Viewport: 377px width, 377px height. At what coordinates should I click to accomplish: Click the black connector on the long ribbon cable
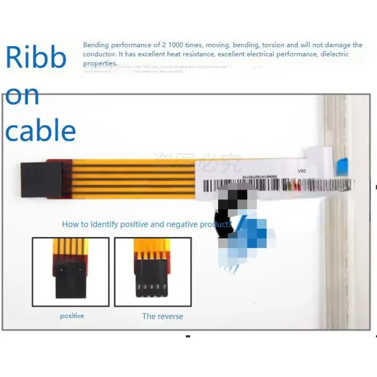click(41, 180)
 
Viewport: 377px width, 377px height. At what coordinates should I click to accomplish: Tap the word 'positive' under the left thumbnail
click(72, 316)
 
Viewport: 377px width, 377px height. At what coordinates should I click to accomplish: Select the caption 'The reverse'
click(163, 316)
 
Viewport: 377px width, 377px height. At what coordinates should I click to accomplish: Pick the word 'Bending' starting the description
click(96, 45)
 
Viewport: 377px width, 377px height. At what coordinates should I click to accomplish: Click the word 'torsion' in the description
click(273, 45)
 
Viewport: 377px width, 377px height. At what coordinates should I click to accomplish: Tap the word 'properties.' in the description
click(100, 63)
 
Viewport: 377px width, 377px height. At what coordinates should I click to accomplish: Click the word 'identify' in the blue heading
click(105, 224)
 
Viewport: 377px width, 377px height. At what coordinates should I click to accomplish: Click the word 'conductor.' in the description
click(99, 54)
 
